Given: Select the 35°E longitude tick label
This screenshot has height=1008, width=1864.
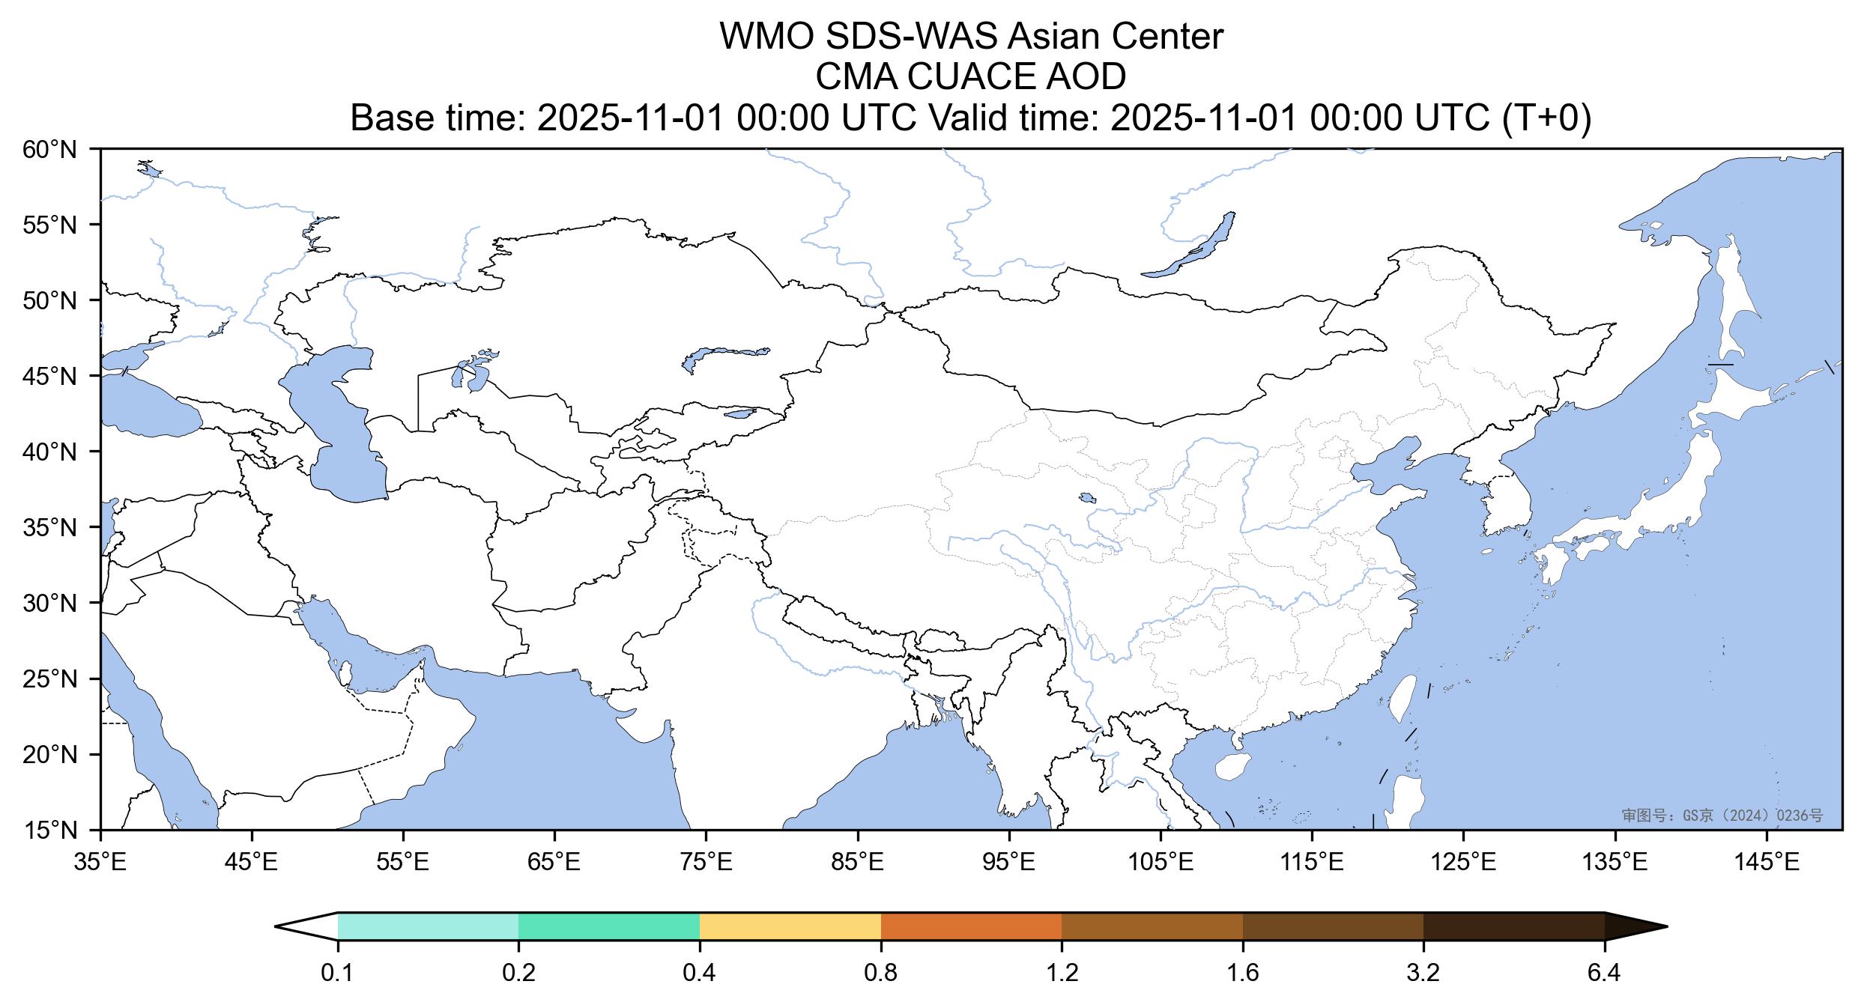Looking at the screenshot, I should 100,863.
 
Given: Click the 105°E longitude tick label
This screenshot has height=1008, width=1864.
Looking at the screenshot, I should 1161,863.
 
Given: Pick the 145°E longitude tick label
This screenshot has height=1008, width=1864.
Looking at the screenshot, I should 1767,863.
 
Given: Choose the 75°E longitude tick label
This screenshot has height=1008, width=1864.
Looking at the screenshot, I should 706,863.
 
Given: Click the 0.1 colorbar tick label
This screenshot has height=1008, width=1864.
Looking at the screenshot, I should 337,974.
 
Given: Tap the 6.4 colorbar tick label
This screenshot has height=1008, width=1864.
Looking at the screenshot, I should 1604,974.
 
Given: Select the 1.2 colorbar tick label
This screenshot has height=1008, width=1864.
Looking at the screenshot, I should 1062,974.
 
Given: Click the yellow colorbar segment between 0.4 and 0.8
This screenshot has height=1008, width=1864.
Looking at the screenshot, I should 790,926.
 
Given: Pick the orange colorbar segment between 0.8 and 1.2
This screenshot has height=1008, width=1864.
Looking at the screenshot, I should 971,926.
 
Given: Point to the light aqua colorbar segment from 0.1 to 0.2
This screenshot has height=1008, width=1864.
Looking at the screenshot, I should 428,926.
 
